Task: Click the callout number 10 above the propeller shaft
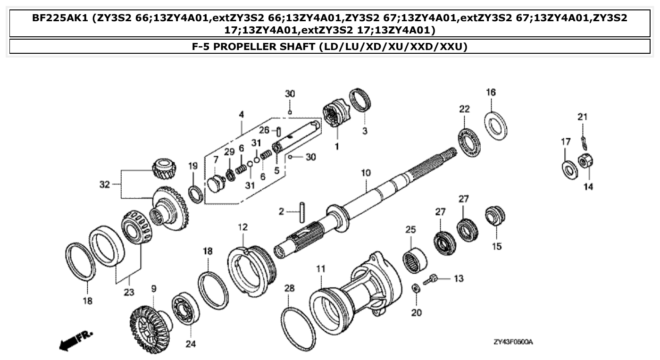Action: tap(366, 173)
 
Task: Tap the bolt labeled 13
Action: tap(431, 280)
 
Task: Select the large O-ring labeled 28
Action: tap(298, 326)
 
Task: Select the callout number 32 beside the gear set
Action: tap(105, 184)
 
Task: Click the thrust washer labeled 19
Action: tap(195, 193)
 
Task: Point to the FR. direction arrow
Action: tap(76, 341)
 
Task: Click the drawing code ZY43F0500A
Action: tap(513, 342)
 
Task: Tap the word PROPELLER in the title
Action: tap(264, 47)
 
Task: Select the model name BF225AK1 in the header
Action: tap(60, 18)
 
